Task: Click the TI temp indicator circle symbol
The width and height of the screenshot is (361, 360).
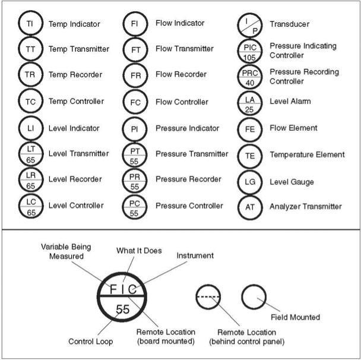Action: point(30,24)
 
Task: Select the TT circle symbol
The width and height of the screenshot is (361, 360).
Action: point(30,49)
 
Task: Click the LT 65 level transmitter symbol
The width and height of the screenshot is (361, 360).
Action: point(30,154)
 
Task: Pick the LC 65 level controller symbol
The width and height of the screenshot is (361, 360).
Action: point(30,206)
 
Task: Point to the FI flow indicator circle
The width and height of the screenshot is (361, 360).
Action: point(135,24)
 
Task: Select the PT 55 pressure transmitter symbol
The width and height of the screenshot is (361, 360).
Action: point(135,154)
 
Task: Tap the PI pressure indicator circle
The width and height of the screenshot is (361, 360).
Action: point(135,128)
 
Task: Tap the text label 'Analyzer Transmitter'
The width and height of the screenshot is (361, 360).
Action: point(306,206)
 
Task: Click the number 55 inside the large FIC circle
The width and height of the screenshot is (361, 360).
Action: point(123,309)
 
